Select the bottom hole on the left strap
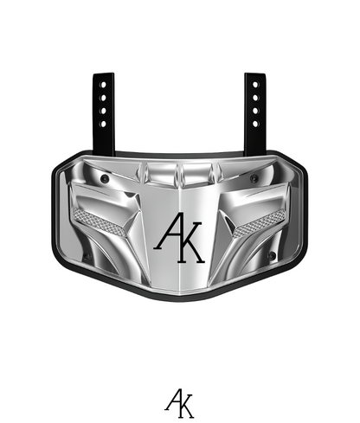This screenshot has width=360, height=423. [x=104, y=123]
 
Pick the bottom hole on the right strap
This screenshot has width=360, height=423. [x=254, y=123]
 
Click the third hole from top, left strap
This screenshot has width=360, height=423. [x=104, y=111]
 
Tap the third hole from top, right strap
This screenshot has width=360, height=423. [x=254, y=111]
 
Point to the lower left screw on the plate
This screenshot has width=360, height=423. [x=86, y=257]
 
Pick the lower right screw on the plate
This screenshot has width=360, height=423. [x=273, y=257]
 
